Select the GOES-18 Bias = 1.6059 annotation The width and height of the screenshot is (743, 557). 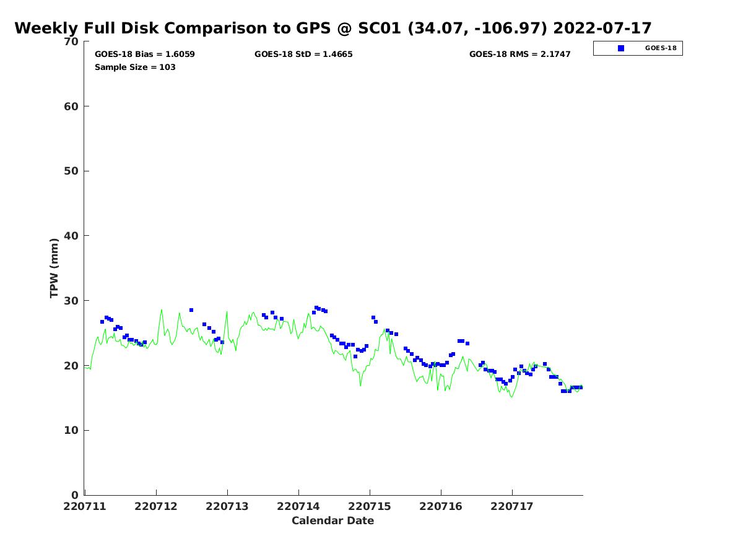pos(145,54)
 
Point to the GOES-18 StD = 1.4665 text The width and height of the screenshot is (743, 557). pos(303,54)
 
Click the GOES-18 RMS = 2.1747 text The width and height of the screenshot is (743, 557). pos(520,54)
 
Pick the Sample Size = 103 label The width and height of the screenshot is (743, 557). pos(135,67)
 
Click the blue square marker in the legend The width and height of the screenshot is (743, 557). pos(621,48)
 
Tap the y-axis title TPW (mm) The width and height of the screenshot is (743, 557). pos(54,267)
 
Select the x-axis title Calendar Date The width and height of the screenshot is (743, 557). pos(333,521)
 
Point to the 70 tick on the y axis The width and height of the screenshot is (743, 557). pos(72,41)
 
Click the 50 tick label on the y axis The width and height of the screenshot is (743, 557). pos(72,171)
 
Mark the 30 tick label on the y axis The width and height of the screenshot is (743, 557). pos(72,301)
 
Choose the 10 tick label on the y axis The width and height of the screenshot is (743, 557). pos(72,430)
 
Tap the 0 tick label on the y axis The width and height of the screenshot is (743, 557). pos(75,495)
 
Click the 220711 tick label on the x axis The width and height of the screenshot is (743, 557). pos(85,506)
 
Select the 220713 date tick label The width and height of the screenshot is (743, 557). pos(227,506)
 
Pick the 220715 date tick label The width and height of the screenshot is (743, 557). pos(370,506)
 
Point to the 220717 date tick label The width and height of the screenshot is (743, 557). pos(512,506)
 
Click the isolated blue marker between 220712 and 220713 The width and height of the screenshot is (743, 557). pos(191,310)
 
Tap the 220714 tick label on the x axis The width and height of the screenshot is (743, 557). pos(298,506)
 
